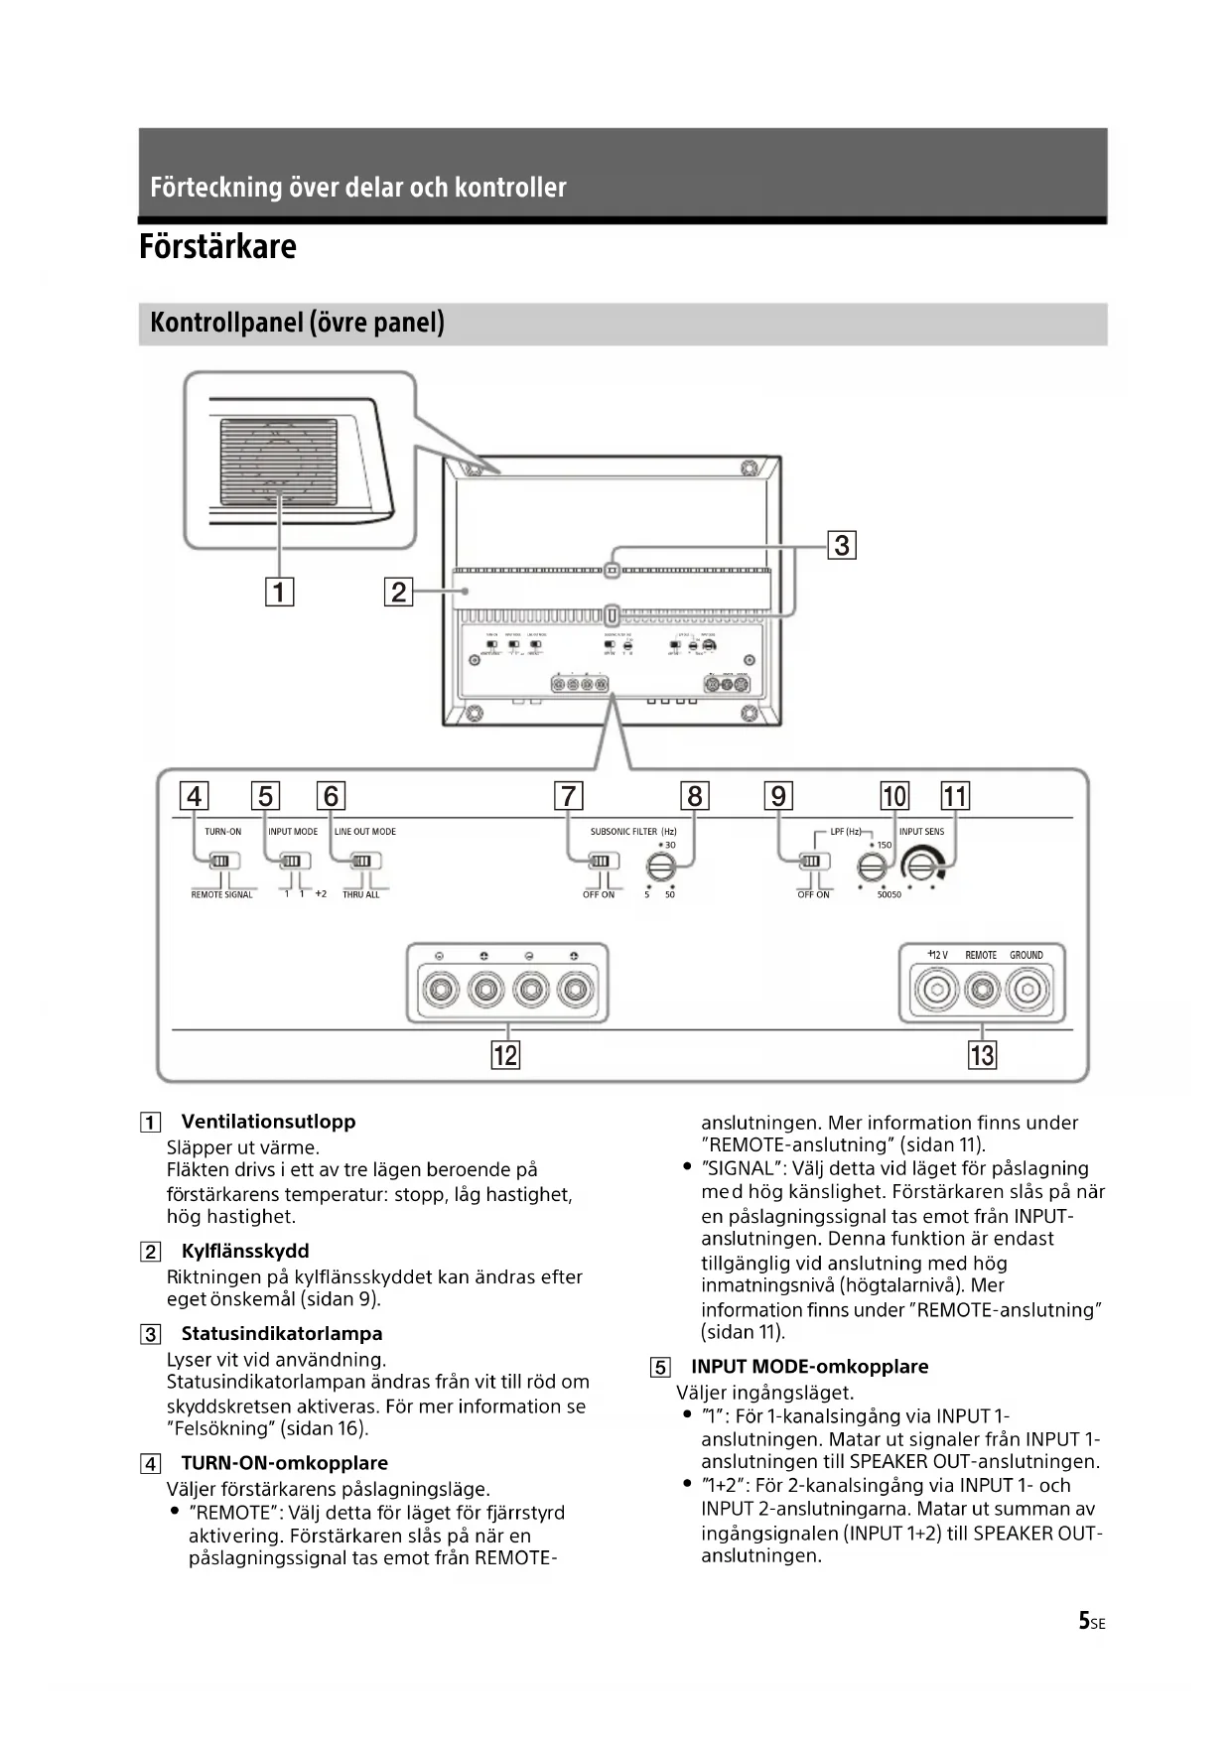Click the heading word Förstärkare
point(217,246)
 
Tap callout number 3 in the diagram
point(842,545)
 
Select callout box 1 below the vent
point(279,593)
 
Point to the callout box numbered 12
point(505,1054)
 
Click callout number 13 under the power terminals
point(982,1054)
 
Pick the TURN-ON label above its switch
point(222,832)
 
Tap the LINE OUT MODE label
point(365,832)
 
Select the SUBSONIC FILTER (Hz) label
point(633,832)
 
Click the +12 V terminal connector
point(936,990)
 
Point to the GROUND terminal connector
point(1027,990)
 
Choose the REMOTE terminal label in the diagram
point(981,955)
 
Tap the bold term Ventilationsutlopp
point(268,1122)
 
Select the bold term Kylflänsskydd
point(245,1251)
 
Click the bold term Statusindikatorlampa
point(282,1333)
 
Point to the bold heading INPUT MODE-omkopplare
point(809,1367)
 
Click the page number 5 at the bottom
point(1084,1621)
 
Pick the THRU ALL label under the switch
point(360,895)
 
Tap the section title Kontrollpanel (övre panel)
point(297,324)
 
